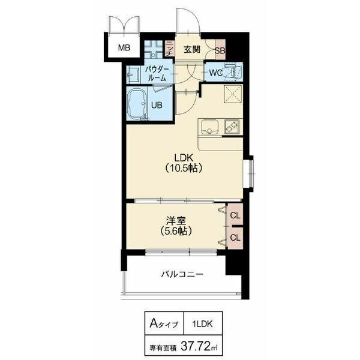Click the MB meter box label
(x=123, y=48)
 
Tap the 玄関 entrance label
(x=191, y=49)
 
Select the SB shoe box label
(x=220, y=50)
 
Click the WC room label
(x=216, y=73)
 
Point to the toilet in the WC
(x=235, y=72)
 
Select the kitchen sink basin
(x=211, y=127)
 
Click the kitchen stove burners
(x=232, y=127)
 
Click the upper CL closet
(x=235, y=215)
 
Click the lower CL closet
(x=235, y=238)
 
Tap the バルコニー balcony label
(x=182, y=275)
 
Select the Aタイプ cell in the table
(x=162, y=324)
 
